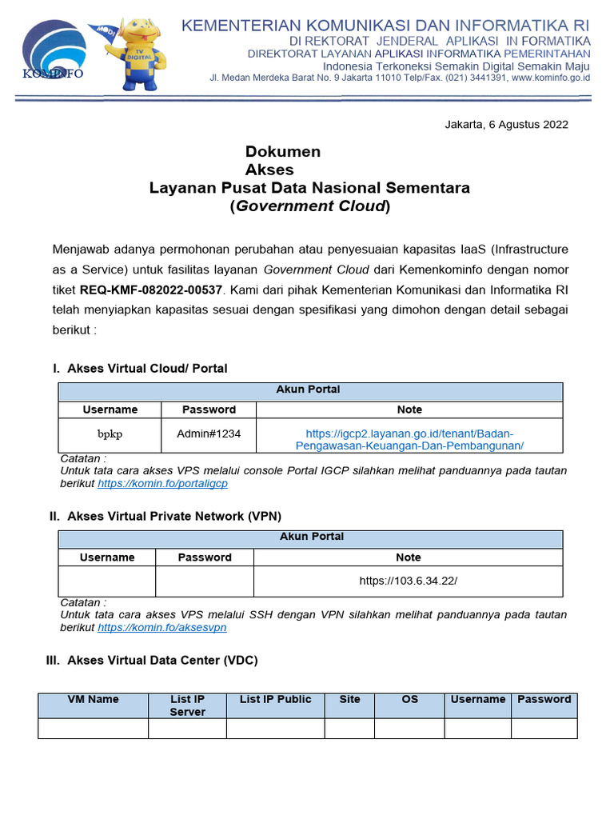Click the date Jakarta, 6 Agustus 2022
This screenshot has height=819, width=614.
pos(505,124)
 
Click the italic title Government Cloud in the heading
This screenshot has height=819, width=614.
pos(310,206)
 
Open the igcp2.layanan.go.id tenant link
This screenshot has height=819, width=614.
pos(409,439)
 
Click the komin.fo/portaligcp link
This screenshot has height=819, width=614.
pos(162,484)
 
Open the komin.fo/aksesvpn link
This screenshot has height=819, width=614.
pos(162,628)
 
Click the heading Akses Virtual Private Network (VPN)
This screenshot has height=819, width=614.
pos(174,516)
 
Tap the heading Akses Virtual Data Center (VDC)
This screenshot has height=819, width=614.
pos(162,660)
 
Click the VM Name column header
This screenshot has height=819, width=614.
pos(93,700)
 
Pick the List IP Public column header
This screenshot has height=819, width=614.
pos(275,700)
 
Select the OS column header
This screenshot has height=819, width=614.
pos(409,700)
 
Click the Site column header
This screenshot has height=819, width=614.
pos(349,700)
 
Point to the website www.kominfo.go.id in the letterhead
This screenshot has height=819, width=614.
pos(550,78)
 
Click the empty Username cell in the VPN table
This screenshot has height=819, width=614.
pos(107,581)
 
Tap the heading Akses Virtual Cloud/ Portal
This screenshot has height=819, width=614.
pos(147,368)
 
